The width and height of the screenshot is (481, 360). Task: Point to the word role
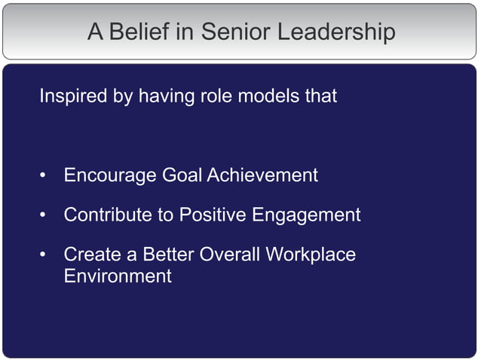click(x=217, y=97)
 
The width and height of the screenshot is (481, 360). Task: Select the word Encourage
click(x=110, y=176)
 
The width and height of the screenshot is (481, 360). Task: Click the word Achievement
click(x=262, y=175)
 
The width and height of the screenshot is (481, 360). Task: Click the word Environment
click(x=118, y=276)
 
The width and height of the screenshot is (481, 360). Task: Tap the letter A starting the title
click(x=94, y=32)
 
